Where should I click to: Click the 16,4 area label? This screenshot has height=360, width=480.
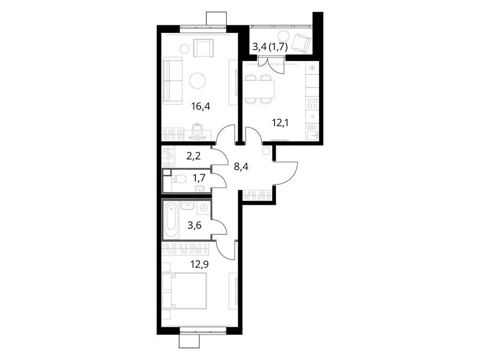[201, 106]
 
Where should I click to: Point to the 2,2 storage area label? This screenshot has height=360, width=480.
[194, 156]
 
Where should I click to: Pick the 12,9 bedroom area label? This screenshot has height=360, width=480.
[199, 263]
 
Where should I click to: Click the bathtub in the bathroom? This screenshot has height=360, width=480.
[172, 218]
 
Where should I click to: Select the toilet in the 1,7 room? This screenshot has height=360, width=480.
[180, 179]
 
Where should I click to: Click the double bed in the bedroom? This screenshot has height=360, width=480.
[185, 291]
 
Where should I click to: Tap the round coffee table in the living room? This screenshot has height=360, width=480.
[197, 81]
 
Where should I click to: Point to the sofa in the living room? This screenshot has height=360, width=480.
[172, 81]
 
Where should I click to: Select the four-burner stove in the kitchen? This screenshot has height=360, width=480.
[312, 103]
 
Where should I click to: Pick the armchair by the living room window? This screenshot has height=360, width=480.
[203, 48]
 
